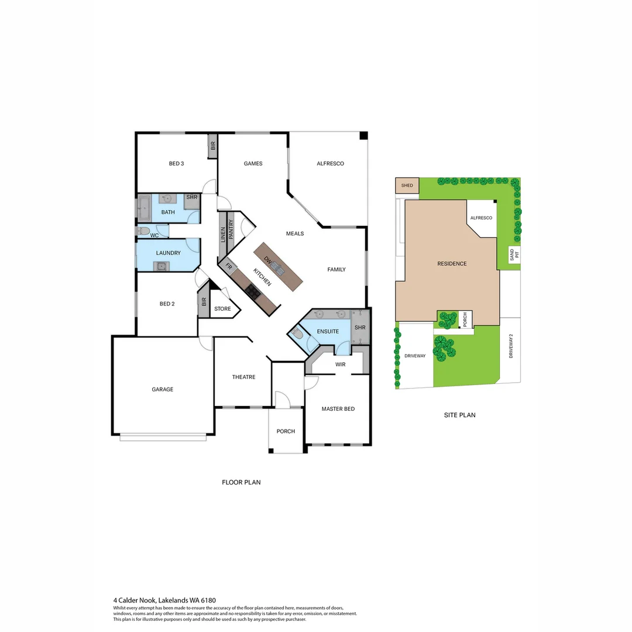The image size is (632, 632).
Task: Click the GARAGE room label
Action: pyautogui.click(x=163, y=389)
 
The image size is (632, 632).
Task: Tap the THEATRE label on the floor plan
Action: pyautogui.click(x=243, y=377)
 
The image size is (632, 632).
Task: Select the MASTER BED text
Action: pyautogui.click(x=338, y=408)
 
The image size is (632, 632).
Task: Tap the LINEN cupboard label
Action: pyautogui.click(x=222, y=234)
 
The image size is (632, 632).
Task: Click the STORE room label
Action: pyautogui.click(x=222, y=308)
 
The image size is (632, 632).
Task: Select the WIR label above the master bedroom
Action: pyautogui.click(x=341, y=364)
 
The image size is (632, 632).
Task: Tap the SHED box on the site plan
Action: pyautogui.click(x=407, y=186)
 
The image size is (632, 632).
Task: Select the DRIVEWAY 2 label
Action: pyautogui.click(x=511, y=346)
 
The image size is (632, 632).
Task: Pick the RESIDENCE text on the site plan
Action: pyautogui.click(x=452, y=263)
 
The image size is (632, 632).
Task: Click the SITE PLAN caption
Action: pyautogui.click(x=459, y=415)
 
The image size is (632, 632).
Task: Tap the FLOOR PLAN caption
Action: pyautogui.click(x=241, y=482)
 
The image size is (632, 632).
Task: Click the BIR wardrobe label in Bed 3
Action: pyautogui.click(x=213, y=146)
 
